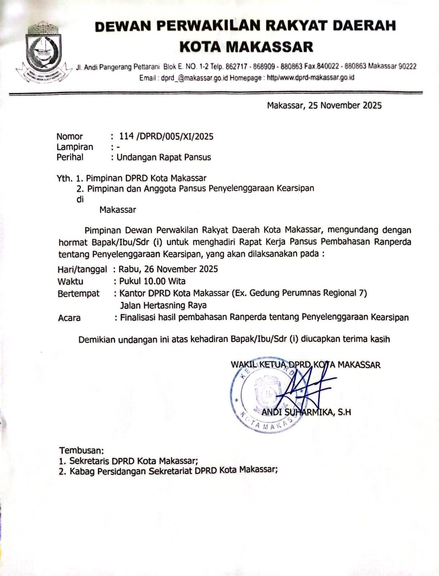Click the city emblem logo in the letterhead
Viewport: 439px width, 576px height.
click(41, 49)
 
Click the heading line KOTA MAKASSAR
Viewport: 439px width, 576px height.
click(246, 47)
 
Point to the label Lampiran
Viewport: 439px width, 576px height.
click(75, 147)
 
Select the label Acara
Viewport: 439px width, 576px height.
click(69, 318)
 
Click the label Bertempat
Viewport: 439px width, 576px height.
click(79, 293)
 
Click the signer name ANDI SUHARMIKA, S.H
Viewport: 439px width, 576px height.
click(306, 412)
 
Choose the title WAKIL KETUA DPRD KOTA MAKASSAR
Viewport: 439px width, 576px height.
click(306, 365)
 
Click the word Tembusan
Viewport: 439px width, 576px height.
click(81, 450)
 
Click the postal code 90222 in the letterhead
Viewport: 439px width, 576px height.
click(406, 66)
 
